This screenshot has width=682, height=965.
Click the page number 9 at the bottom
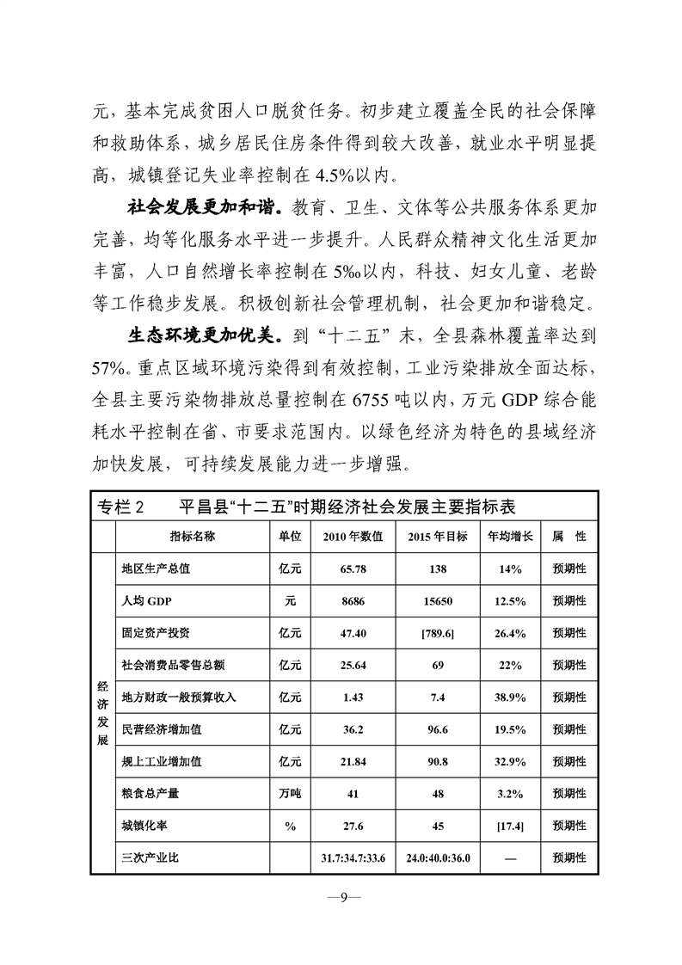click(x=341, y=898)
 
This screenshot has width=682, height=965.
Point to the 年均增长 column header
click(x=511, y=536)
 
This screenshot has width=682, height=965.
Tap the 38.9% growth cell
click(x=511, y=697)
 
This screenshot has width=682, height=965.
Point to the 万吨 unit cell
click(x=290, y=793)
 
